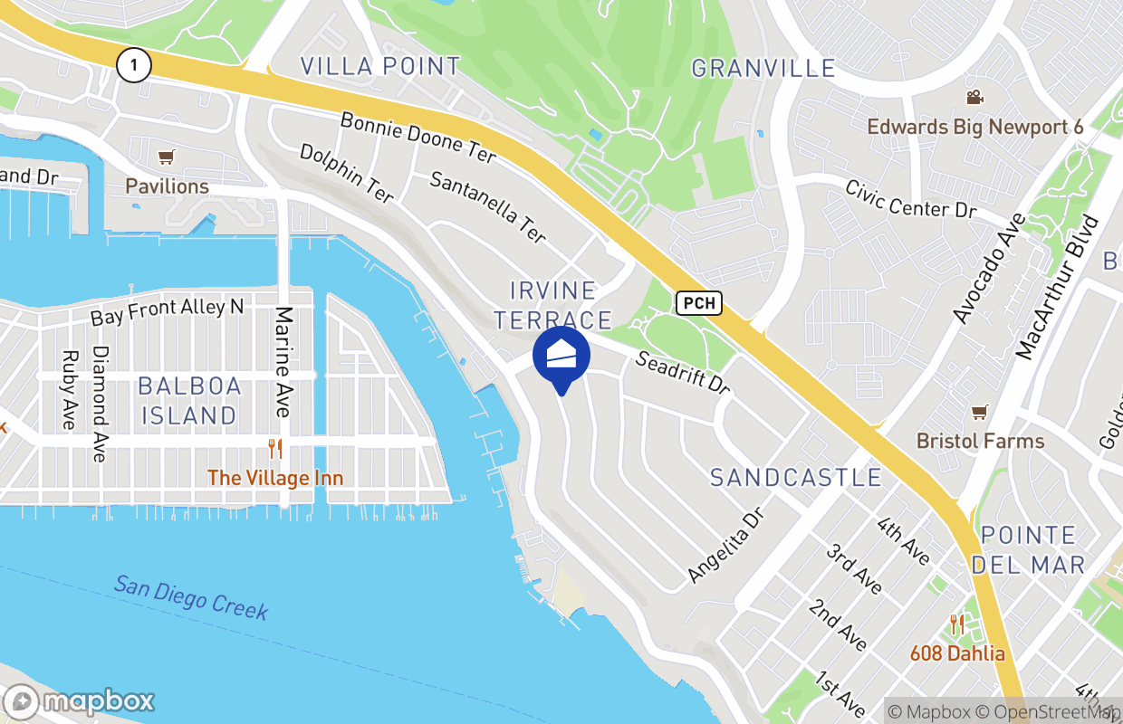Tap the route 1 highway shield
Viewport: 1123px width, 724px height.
(133, 64)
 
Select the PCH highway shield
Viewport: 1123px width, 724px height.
(698, 303)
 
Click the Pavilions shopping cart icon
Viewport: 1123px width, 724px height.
(166, 158)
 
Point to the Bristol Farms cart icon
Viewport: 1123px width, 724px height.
(978, 413)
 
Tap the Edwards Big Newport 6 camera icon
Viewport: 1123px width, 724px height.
(974, 98)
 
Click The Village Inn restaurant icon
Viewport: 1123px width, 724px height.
(275, 448)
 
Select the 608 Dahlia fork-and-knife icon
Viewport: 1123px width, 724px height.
(956, 624)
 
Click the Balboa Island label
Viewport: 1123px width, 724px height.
(189, 401)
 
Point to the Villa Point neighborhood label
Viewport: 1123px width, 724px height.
(380, 66)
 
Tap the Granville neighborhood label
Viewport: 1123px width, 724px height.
(763, 68)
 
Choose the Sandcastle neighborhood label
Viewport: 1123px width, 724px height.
(795, 477)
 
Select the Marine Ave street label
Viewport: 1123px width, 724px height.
(284, 362)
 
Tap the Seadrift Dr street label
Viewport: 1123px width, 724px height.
(683, 373)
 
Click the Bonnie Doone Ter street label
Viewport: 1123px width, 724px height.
(418, 138)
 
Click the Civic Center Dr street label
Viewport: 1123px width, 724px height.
(910, 199)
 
